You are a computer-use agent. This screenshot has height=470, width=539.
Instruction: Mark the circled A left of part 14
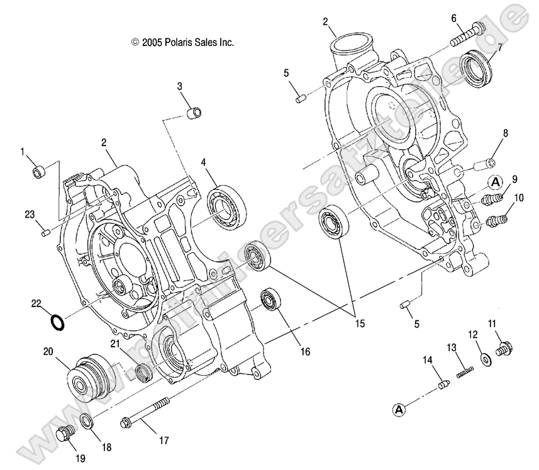click(x=398, y=410)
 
